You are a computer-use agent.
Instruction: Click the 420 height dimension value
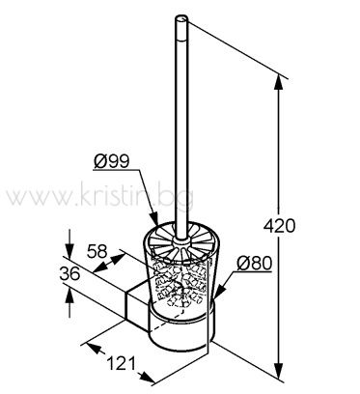coord(279,226)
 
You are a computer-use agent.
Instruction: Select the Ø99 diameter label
coord(112,161)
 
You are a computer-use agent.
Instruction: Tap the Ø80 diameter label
coord(254,264)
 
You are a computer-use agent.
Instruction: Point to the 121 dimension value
coord(121,364)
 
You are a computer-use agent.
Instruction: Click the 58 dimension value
coord(97,251)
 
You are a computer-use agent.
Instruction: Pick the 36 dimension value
coord(69,274)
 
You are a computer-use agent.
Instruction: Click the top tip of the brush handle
coord(180,18)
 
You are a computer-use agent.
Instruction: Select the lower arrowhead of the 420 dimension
coord(279,369)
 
